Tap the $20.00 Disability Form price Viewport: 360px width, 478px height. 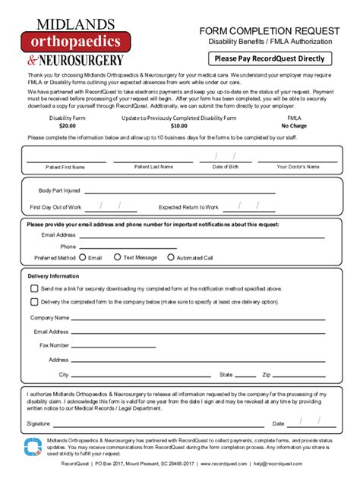click(x=67, y=126)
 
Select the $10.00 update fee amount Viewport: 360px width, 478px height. click(x=178, y=126)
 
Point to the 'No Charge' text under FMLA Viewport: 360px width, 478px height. click(x=293, y=126)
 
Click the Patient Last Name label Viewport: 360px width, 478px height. click(x=153, y=166)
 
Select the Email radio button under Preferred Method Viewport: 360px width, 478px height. click(x=84, y=257)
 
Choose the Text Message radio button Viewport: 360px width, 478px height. click(x=117, y=257)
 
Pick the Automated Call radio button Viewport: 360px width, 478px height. click(x=170, y=257)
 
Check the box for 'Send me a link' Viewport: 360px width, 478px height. click(x=33, y=289)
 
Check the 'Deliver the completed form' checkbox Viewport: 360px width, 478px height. click(x=33, y=302)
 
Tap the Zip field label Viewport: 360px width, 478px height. click(x=267, y=375)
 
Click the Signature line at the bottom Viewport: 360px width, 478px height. click(x=152, y=424)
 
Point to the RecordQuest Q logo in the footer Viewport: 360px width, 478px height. click(x=33, y=448)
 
